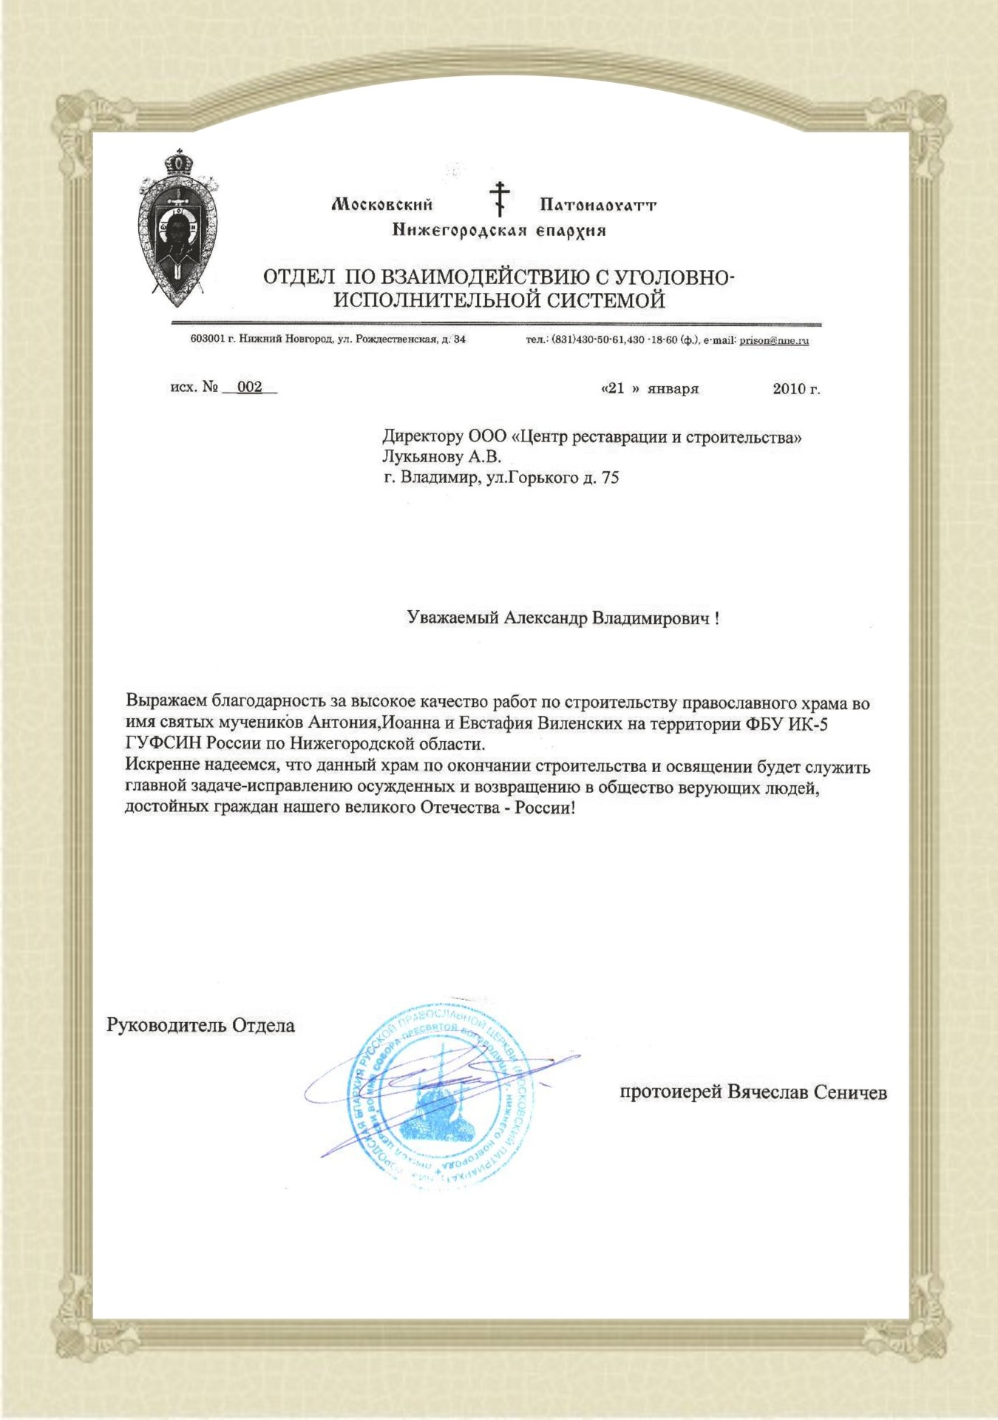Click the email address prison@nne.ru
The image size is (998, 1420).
coord(774,341)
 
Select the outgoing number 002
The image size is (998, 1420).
coord(250,388)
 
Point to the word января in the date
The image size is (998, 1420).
coord(673,389)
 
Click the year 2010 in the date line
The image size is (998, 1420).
coord(789,389)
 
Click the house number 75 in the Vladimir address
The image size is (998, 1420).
coord(610,478)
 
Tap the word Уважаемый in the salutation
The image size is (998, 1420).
coord(453,618)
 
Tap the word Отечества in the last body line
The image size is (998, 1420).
coord(461,808)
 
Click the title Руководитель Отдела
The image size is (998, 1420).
coord(201,1026)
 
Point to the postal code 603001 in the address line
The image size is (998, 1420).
coord(207,340)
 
